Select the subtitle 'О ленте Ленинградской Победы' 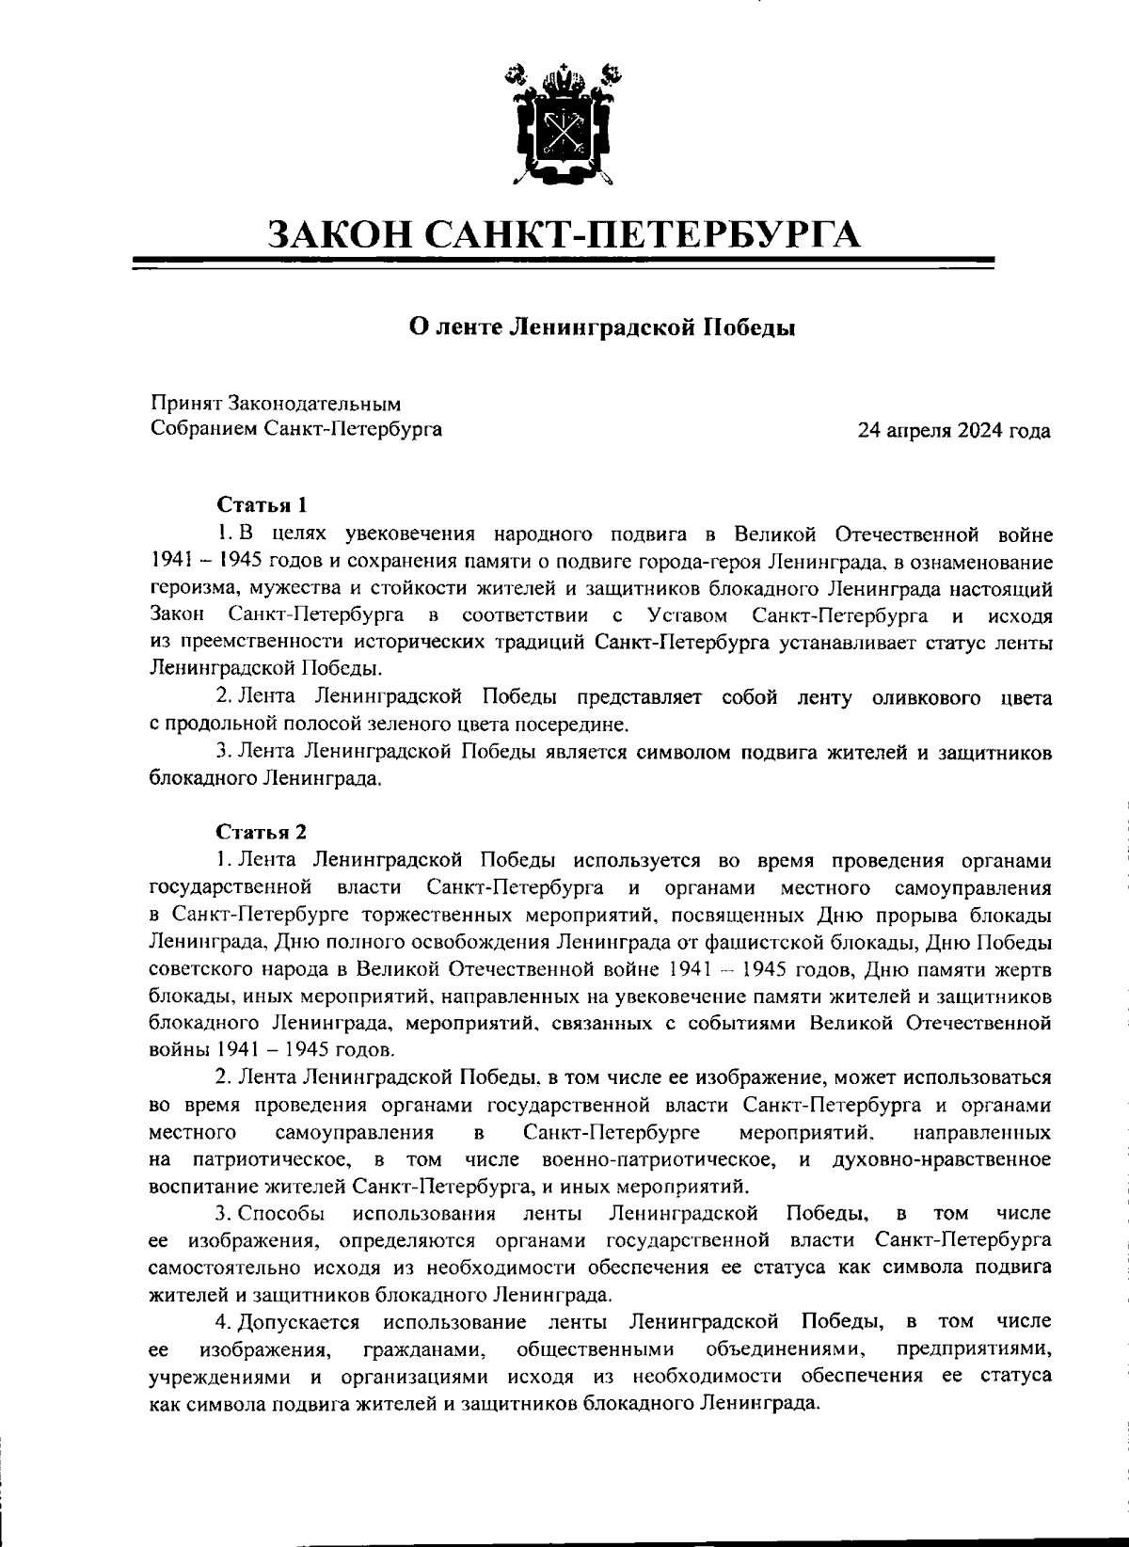point(602,327)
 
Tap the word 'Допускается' point(299,1321)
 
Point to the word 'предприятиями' point(974,1348)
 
